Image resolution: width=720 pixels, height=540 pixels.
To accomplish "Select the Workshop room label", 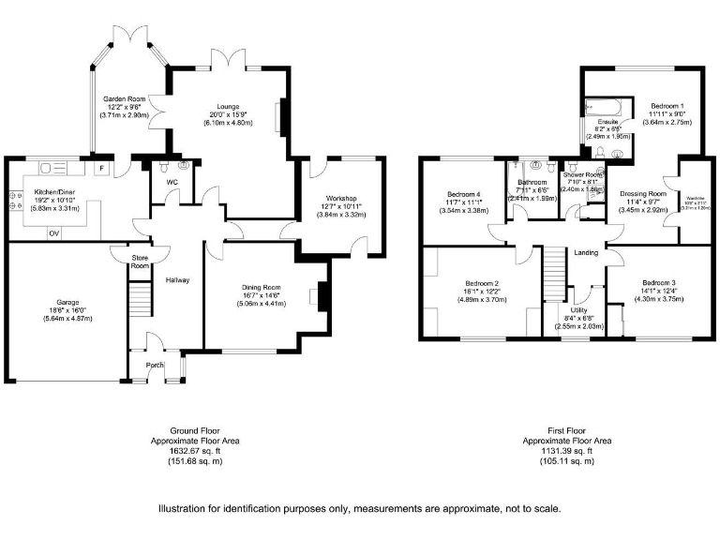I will point(344,198).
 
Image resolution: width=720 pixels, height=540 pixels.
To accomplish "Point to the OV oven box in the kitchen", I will point(53,232).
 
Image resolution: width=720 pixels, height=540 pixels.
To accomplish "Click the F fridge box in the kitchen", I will point(100,169).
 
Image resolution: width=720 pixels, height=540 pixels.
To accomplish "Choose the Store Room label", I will point(140,261).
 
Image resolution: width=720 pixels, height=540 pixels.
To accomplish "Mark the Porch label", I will point(154,366).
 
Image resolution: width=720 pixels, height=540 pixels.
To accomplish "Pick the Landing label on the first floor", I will point(587,253).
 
